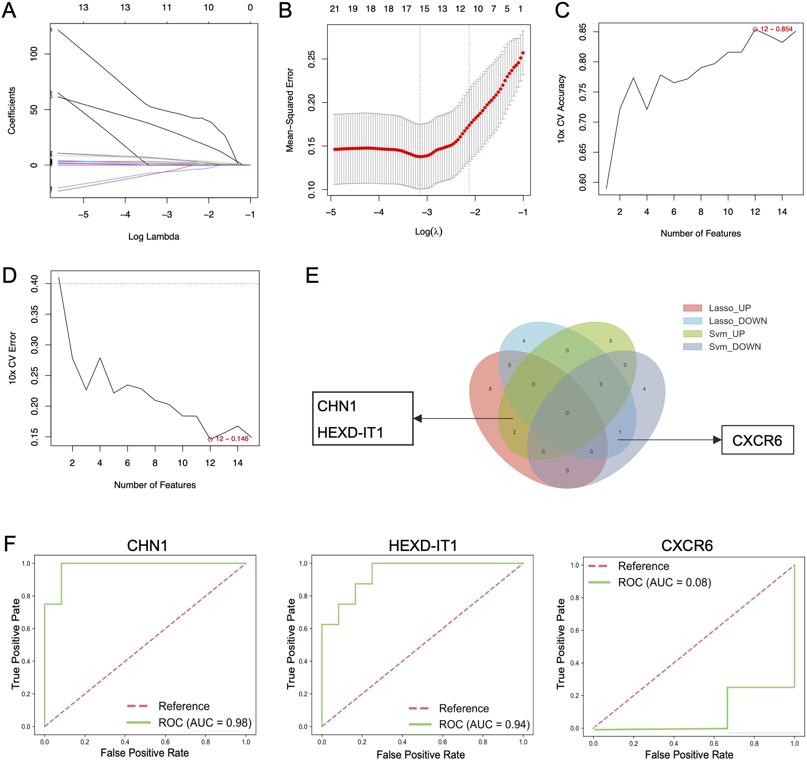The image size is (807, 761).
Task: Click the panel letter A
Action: click(9, 10)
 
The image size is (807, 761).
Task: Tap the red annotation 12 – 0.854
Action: click(776, 29)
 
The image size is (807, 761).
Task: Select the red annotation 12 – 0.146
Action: click(232, 439)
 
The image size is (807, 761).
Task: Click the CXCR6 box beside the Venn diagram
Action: click(757, 440)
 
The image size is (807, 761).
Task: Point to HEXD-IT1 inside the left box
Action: click(350, 433)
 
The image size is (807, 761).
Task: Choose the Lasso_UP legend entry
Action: click(729, 308)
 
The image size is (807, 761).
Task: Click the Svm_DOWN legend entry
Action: click(735, 347)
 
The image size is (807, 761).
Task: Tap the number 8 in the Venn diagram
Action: click(490, 389)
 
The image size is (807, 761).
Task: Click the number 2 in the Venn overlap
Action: click(514, 432)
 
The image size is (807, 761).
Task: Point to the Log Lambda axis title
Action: click(153, 237)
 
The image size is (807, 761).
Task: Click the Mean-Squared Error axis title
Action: click(290, 110)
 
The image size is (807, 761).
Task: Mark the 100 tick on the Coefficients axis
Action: click(34, 54)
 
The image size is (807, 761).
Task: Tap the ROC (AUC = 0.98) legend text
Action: click(205, 722)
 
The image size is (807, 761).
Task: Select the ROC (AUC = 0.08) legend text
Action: click(665, 583)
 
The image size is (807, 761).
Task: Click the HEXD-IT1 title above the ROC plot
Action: click(422, 545)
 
